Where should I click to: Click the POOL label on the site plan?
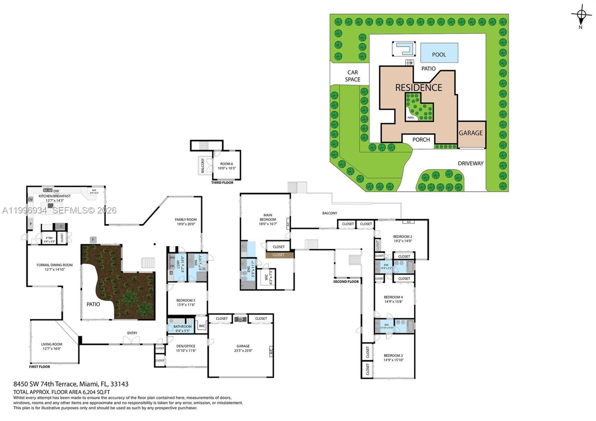coord(439,54)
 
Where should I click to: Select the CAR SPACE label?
coord(352,76)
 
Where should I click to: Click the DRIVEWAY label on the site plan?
coord(470,163)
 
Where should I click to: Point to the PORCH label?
coord(421,140)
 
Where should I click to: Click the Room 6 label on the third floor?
coord(226,166)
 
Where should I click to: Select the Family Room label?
coord(186,222)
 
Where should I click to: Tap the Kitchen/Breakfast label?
coord(54,198)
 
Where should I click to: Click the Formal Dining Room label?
coord(54,267)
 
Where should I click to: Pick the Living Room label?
coord(52,346)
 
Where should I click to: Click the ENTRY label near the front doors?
coord(132,333)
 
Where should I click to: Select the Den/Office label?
coord(186,348)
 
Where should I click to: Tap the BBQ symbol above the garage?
coord(241,319)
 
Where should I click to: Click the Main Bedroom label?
coord(267,219)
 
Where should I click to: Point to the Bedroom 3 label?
coord(393,358)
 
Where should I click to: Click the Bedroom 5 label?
coord(186,302)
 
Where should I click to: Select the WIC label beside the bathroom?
coord(202,326)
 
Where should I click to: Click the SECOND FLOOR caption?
coord(346,282)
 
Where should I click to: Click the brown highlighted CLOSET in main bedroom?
coord(278,255)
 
